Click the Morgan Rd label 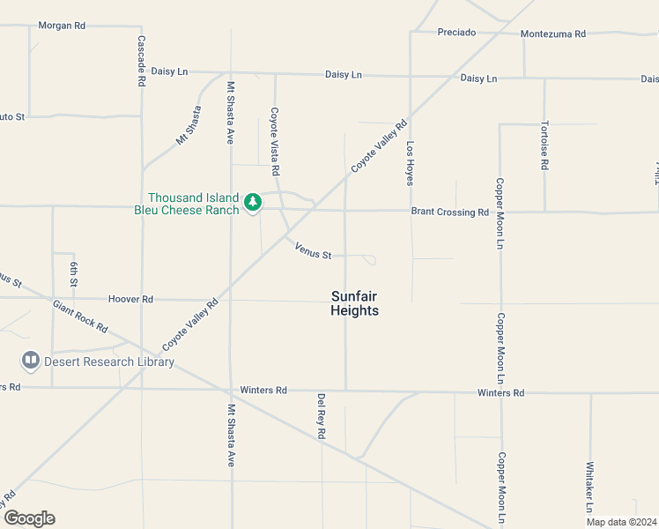click(62, 26)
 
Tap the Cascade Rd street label click(141, 61)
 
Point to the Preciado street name click(456, 33)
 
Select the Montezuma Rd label click(552, 34)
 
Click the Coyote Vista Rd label click(275, 140)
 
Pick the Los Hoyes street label click(410, 162)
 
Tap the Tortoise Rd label click(545, 145)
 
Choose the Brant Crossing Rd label click(449, 212)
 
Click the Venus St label click(313, 251)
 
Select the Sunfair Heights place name click(354, 303)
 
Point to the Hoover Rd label click(130, 300)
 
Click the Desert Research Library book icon click(31, 361)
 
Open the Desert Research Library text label click(110, 361)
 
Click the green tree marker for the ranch click(253, 203)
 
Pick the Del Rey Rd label click(322, 416)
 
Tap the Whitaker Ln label click(589, 488)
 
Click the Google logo click(29, 518)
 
